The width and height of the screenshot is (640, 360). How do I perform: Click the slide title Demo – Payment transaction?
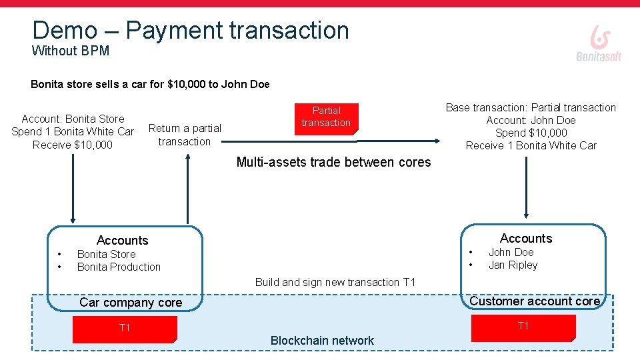click(x=191, y=30)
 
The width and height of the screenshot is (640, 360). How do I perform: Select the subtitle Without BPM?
click(x=71, y=51)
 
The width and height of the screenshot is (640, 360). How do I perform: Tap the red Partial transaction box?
click(x=326, y=117)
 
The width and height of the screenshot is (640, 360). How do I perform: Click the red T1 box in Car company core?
click(x=125, y=329)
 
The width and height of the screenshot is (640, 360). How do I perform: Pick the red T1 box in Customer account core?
click(x=523, y=327)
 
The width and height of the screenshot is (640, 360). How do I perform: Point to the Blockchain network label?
click(x=322, y=341)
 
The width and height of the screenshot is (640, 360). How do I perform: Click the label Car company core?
click(x=131, y=303)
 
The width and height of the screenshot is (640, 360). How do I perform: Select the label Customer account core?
click(x=535, y=301)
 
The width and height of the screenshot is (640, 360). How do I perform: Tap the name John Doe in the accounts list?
click(x=511, y=252)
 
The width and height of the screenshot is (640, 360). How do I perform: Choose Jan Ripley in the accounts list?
click(x=513, y=265)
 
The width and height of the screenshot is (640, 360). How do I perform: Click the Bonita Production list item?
click(x=119, y=267)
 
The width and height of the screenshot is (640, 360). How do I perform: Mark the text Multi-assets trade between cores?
click(x=333, y=162)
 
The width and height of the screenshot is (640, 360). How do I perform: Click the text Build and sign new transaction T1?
click(x=335, y=282)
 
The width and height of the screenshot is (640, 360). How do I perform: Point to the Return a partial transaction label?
click(x=185, y=135)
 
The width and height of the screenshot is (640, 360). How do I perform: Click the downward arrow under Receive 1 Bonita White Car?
click(x=527, y=187)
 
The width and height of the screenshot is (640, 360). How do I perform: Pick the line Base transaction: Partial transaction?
click(x=531, y=107)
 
